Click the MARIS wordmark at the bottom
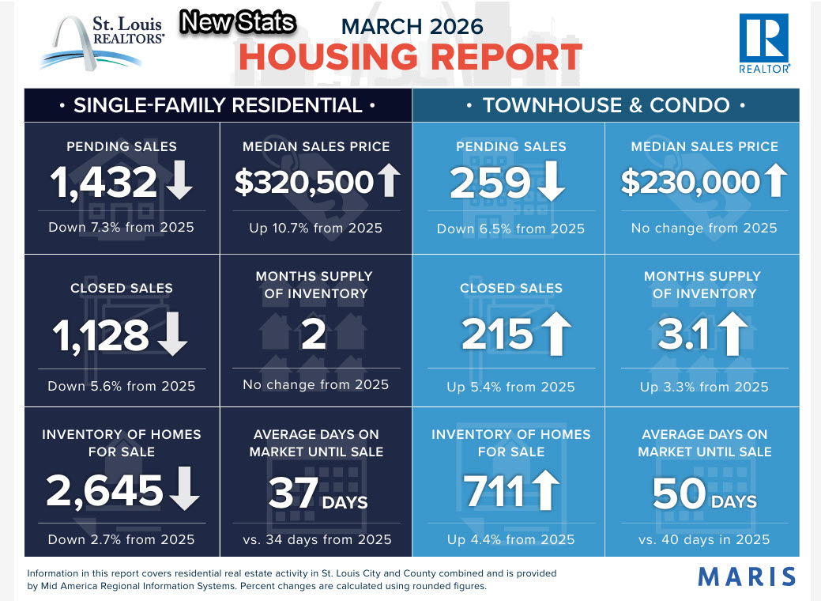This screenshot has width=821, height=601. [x=747, y=576]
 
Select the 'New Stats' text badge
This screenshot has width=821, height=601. [x=237, y=23]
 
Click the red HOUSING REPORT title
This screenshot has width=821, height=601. [x=410, y=58]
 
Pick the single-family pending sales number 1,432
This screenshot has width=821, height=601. [x=104, y=183]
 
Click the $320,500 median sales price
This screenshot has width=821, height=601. [x=303, y=183]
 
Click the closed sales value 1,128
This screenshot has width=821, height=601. [x=101, y=335]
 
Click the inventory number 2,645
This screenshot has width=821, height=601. [x=104, y=491]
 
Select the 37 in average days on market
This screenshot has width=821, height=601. [x=292, y=495]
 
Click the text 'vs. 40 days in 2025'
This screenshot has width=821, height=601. [x=704, y=540]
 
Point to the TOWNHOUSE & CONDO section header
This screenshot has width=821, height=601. [x=605, y=105]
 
